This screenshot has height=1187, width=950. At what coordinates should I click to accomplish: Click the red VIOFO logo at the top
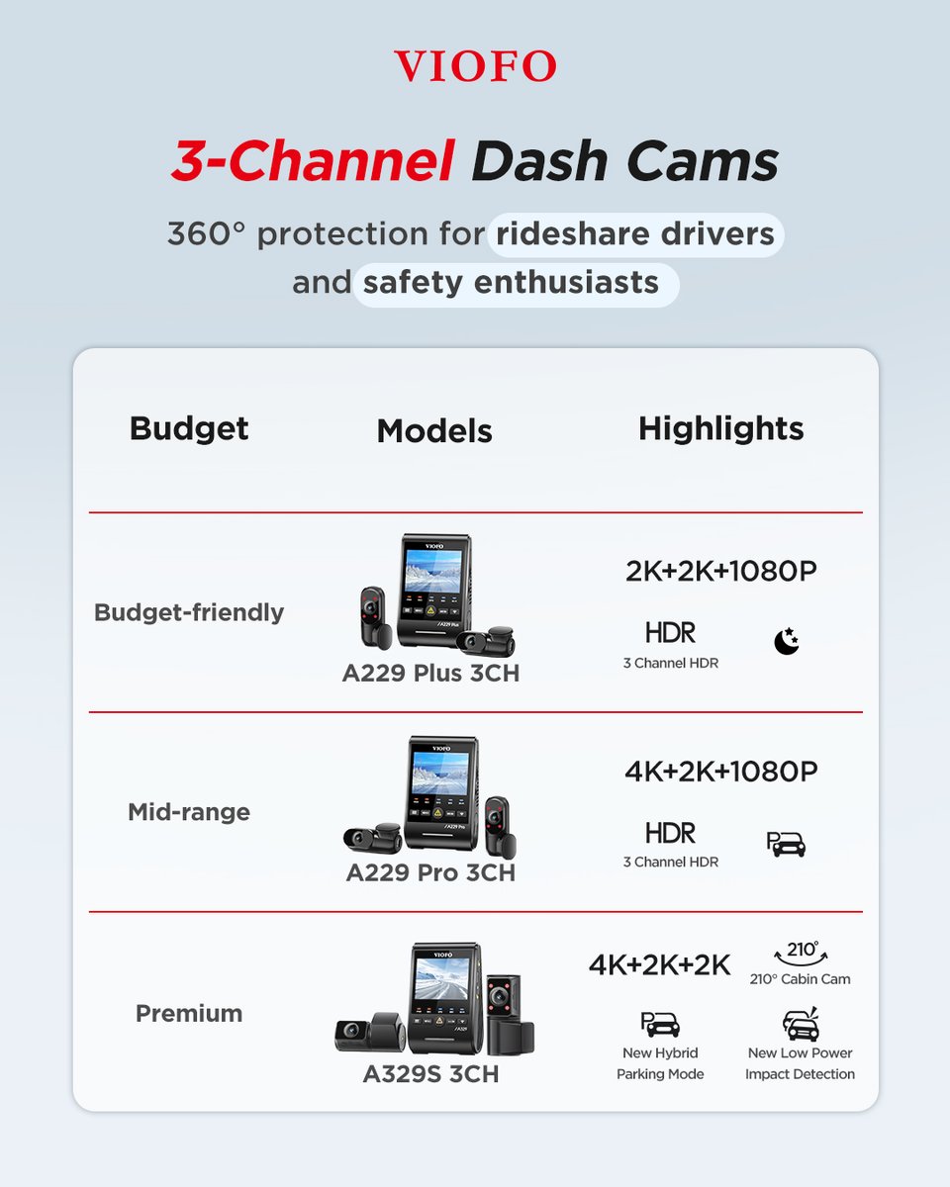475,66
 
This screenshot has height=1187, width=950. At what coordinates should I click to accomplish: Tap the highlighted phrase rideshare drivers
635,234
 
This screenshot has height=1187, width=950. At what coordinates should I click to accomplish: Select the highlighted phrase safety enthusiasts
511,283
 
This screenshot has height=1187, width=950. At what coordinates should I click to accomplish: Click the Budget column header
189,428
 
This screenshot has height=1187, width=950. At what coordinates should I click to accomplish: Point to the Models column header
434,430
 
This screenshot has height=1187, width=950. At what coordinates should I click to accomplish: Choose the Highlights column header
720,428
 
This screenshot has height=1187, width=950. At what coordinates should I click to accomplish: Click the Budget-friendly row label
189,612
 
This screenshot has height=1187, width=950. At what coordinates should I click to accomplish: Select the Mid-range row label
189,812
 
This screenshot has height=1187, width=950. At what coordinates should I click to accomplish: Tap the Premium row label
189,1013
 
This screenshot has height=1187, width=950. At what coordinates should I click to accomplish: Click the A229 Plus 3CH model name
430,674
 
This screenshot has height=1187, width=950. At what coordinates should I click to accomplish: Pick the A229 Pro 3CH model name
430,873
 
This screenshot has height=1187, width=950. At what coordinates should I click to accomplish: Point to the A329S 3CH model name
430,1073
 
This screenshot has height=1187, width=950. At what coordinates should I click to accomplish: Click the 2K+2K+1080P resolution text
720,572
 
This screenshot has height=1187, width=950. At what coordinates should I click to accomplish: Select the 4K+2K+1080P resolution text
720,772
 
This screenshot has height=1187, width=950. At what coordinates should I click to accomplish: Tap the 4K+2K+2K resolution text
659,964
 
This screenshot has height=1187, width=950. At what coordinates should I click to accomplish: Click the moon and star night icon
786,642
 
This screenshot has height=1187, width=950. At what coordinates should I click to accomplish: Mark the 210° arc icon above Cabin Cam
800,952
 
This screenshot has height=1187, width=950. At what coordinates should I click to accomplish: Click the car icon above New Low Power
800,1025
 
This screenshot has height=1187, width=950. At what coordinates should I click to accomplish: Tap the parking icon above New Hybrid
660,1025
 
